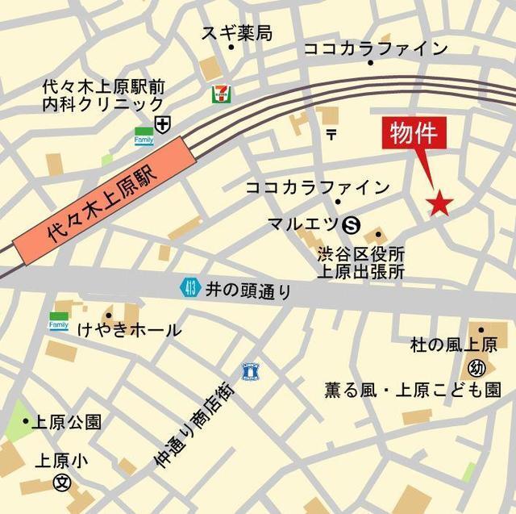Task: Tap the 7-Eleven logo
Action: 218,94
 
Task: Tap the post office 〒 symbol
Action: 331,134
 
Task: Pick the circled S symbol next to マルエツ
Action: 351,224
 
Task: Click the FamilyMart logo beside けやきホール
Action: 59,321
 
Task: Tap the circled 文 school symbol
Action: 60,483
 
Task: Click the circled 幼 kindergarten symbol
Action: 476,368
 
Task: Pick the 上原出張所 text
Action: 360,272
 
